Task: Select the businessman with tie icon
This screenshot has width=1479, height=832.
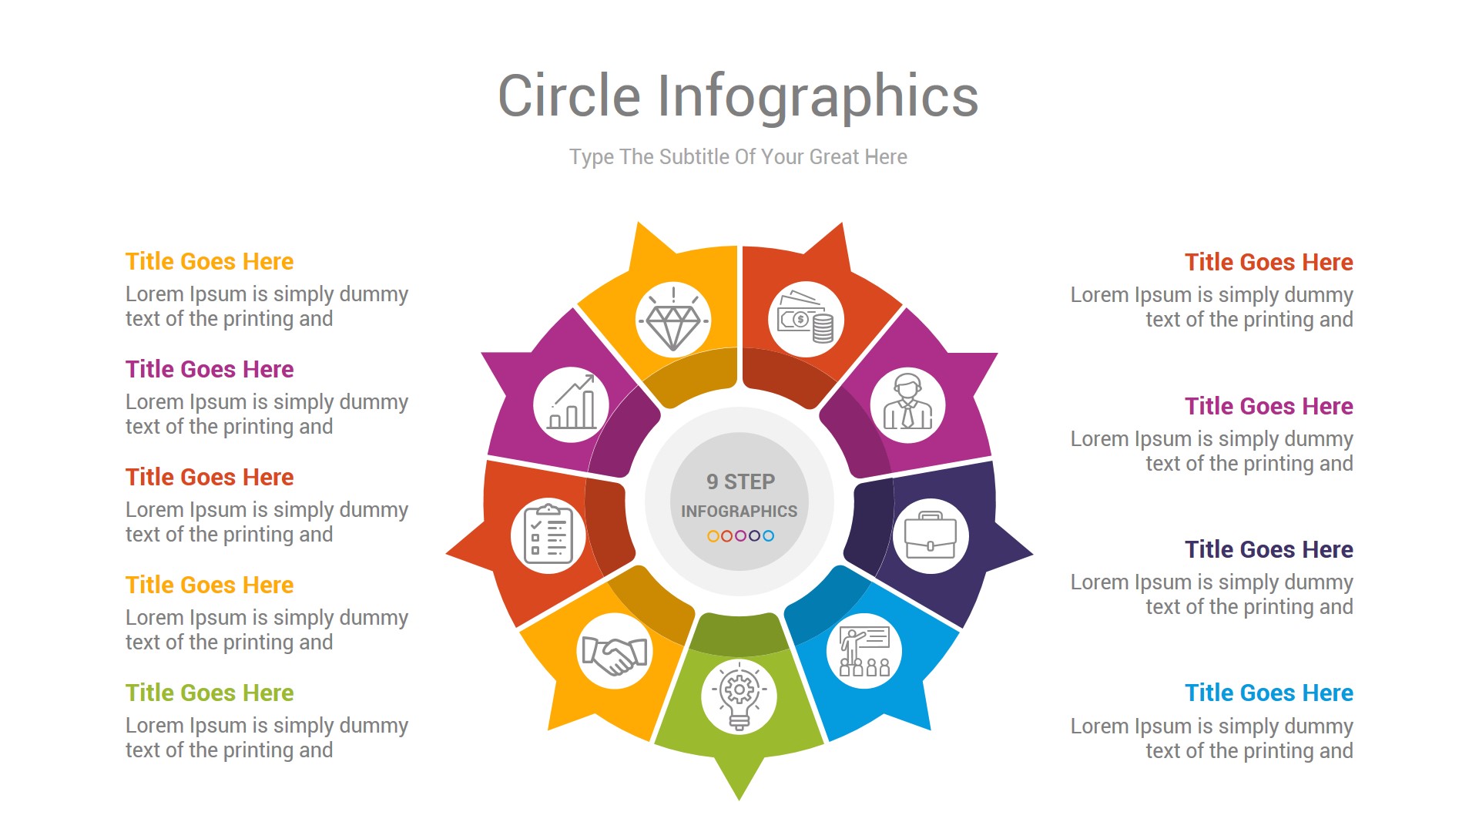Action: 907,402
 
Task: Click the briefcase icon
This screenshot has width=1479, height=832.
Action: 931,535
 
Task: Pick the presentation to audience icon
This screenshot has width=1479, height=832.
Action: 864,652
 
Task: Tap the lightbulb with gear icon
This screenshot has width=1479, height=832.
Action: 739,695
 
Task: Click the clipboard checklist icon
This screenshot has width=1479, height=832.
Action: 548,533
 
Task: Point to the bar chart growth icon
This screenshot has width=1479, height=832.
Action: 572,402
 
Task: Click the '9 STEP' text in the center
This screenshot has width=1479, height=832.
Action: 740,481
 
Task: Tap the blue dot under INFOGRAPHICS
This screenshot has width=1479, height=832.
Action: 768,536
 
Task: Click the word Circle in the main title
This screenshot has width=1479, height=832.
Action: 569,96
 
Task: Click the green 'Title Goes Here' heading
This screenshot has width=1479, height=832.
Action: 210,693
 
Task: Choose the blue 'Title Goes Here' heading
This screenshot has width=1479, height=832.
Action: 1269,693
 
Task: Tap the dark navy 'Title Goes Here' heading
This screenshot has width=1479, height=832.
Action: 1269,549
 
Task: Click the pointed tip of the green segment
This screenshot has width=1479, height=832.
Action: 739,800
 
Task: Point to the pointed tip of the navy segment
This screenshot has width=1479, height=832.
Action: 1032,553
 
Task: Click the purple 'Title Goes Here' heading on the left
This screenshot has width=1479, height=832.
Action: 210,369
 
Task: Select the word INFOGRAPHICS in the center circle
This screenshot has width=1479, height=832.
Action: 739,511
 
